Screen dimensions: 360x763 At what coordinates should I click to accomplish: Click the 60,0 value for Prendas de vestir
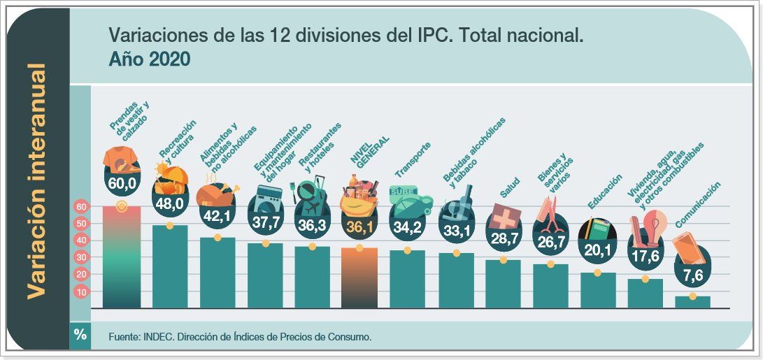122,184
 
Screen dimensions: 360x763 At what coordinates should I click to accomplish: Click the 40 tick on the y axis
80,240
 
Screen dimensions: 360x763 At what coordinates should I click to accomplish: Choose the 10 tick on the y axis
80,291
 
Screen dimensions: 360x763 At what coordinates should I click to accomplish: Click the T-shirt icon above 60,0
121,160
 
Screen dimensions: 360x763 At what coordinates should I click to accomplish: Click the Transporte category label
413,160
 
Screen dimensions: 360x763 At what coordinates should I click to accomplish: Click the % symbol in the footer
80,335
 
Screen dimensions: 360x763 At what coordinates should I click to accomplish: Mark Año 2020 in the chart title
150,59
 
